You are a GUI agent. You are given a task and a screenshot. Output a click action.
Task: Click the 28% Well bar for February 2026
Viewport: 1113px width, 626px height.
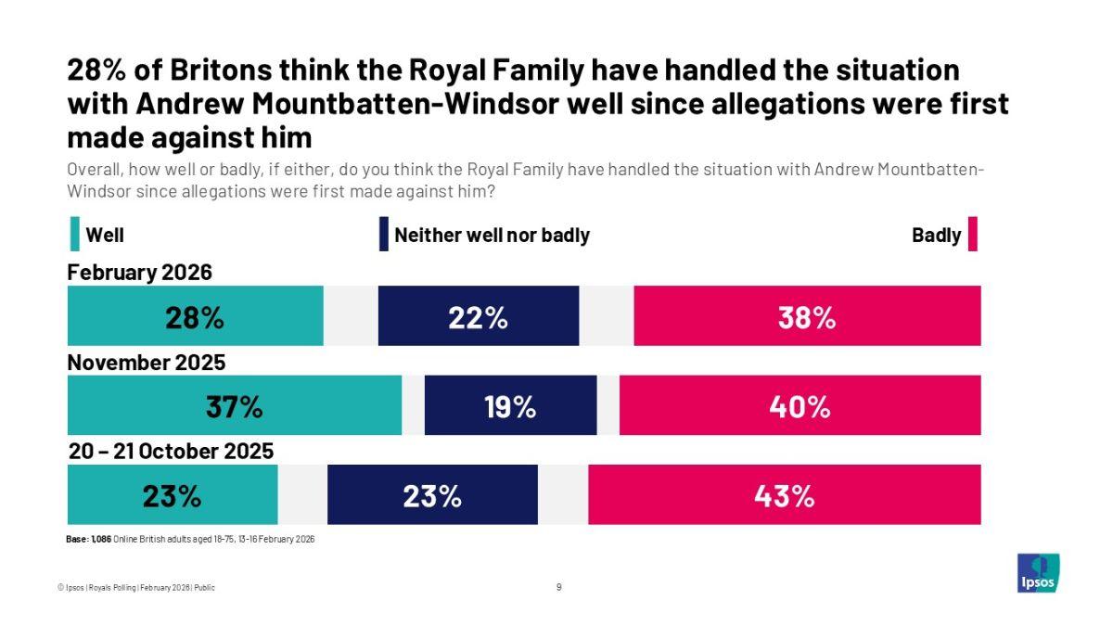(x=195, y=316)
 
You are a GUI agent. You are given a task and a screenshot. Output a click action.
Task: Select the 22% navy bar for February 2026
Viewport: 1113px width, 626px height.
(x=478, y=316)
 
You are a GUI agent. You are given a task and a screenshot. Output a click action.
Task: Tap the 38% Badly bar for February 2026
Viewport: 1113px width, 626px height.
(x=807, y=316)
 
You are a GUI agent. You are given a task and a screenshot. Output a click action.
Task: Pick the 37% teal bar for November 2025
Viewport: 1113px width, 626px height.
(x=234, y=405)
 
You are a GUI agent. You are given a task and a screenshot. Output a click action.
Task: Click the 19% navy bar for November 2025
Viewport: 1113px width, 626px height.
(x=510, y=405)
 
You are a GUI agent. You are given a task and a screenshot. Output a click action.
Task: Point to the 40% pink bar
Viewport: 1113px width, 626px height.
(x=800, y=405)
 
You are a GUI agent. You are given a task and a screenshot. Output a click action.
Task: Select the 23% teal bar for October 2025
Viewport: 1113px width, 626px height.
(x=173, y=494)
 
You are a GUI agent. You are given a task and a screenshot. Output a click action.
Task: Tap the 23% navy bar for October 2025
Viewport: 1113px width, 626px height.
(x=432, y=494)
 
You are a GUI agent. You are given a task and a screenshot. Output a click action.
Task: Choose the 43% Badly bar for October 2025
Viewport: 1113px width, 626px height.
(x=784, y=494)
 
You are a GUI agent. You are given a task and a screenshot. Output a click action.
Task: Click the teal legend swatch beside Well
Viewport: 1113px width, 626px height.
(x=74, y=235)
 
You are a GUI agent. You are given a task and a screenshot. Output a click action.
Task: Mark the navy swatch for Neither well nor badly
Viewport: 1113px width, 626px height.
(x=383, y=235)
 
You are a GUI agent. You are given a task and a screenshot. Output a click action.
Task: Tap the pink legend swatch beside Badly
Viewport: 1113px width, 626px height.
(x=973, y=235)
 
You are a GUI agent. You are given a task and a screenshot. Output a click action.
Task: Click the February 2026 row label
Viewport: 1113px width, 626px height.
(x=140, y=273)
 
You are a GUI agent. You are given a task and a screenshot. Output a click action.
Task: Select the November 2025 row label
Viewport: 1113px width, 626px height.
(x=147, y=362)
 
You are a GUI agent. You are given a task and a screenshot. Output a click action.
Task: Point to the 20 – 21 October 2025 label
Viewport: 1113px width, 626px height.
(x=172, y=452)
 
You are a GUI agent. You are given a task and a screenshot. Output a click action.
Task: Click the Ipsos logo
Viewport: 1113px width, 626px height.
(x=1038, y=573)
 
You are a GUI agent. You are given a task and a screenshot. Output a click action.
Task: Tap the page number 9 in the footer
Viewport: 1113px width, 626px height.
(x=558, y=587)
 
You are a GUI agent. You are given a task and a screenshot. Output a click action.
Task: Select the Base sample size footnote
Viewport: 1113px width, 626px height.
(x=190, y=539)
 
